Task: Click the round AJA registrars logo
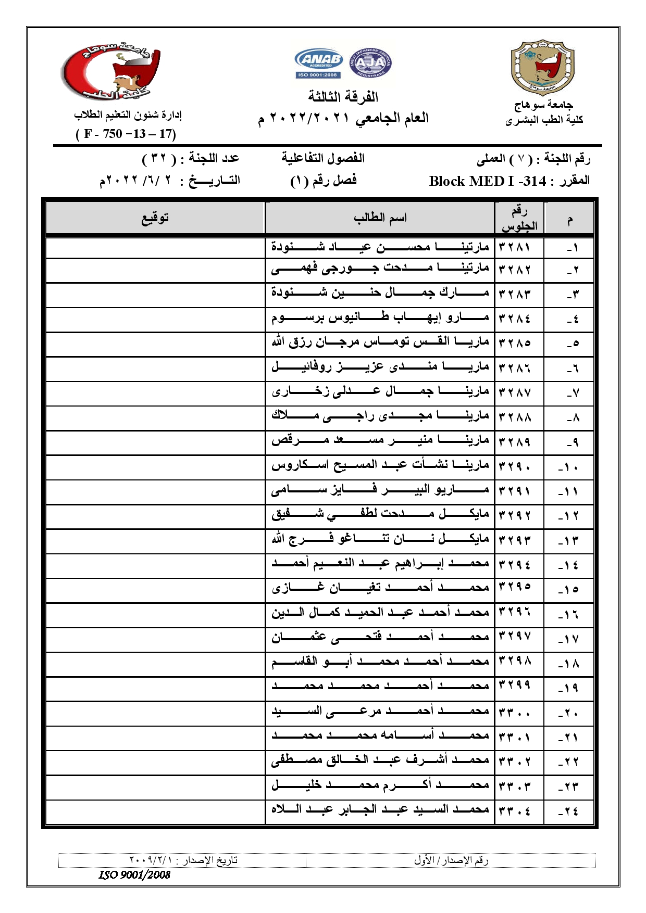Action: click(x=370, y=64)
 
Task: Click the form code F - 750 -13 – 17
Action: click(x=126, y=134)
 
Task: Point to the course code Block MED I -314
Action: click(x=488, y=181)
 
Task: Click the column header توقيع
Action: click(x=155, y=218)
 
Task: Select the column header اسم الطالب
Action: click(x=380, y=218)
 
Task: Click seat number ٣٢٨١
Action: click(x=515, y=246)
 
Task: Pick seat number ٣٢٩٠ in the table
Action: click(x=515, y=465)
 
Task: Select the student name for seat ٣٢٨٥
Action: click(x=380, y=343)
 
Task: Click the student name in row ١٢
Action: click(x=380, y=515)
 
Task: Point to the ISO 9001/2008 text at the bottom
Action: click(x=134, y=874)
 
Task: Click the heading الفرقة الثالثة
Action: click(x=343, y=97)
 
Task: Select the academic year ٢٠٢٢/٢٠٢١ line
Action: click(x=343, y=119)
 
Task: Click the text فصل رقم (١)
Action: click(x=323, y=181)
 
